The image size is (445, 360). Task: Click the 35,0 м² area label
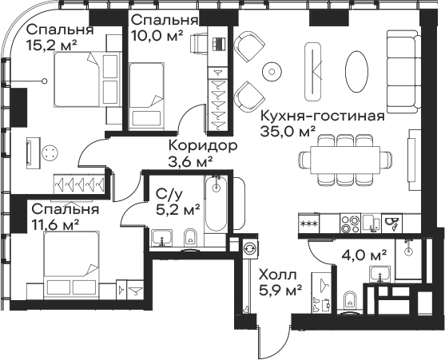pos(288,132)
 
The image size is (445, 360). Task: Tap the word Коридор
pos(203,146)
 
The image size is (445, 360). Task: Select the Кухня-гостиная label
pos(323,116)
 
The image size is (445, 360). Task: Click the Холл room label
pos(278,275)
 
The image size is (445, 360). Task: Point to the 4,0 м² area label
pos(364,255)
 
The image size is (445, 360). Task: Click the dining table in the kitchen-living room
pos(345,160)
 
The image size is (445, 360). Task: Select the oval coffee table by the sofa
pos(357,71)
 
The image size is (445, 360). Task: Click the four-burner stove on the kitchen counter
pos(350,224)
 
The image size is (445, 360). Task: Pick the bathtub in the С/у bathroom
pos(217,203)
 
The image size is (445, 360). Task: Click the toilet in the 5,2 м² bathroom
pos(190,238)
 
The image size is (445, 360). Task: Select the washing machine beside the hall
pos(250,247)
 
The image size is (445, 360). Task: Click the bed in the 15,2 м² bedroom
pos(86,79)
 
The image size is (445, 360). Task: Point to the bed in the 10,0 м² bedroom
pos(146,97)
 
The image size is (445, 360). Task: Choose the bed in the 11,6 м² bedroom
pos(72,265)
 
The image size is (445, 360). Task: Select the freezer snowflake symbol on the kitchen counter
pos(308,224)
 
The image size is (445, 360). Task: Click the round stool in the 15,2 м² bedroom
pos(50,153)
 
